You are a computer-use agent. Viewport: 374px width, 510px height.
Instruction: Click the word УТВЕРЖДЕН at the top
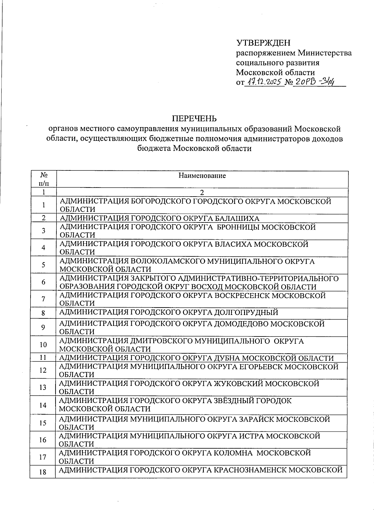263,42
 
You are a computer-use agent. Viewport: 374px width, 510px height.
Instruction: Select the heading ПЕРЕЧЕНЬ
194,119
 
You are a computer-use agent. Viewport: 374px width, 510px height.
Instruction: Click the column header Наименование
202,176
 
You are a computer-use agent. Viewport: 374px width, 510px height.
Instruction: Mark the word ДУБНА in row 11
227,358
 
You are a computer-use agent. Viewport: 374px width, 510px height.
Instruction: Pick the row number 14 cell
43,405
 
